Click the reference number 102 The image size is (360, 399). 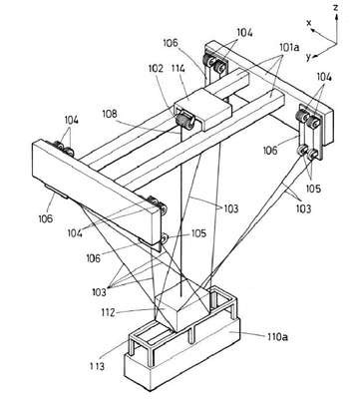point(157,69)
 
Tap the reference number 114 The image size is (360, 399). point(179,69)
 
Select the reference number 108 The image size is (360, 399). point(110,114)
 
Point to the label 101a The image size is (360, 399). point(289,48)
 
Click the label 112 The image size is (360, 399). point(108,312)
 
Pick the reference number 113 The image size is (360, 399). point(97,366)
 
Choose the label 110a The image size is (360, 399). point(277,337)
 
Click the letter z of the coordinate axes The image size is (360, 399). point(336,8)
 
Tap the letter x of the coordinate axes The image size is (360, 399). point(309,23)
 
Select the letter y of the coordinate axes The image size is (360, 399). point(308,57)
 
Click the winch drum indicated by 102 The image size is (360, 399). point(184,121)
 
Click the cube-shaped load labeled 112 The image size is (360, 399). point(182,307)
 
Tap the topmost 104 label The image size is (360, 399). point(244,33)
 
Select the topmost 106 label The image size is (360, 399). point(171,43)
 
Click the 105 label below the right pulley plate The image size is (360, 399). point(314,189)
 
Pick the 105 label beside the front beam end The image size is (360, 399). point(198,233)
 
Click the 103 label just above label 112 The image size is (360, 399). point(100,292)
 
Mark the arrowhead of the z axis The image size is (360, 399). point(337,17)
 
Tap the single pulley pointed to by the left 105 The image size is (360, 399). point(164,237)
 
